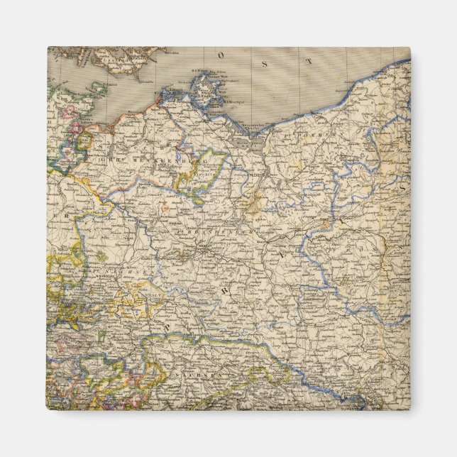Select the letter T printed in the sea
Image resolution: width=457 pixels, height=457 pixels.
[308, 63]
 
